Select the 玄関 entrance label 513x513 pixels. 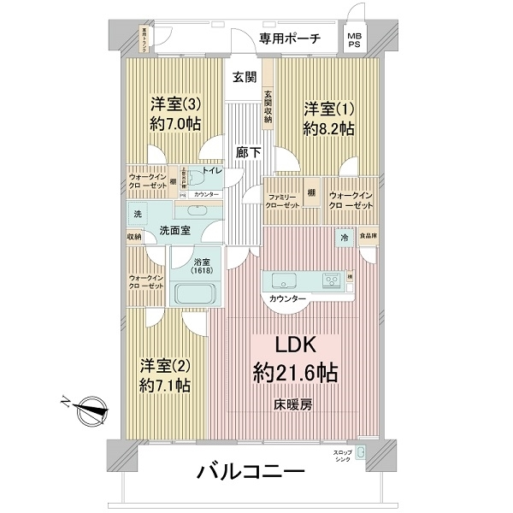244,77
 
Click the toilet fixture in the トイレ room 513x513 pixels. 196,179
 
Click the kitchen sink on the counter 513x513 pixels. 285,280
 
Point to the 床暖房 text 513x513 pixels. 292,404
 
